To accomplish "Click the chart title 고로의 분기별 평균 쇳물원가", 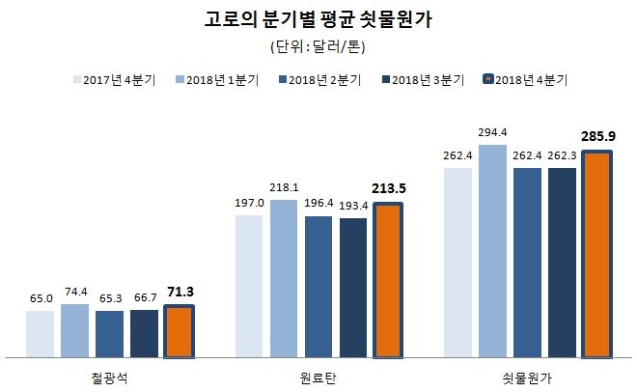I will (318, 20).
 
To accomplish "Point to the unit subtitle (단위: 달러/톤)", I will (318, 46).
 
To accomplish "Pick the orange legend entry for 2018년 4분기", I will (527, 80).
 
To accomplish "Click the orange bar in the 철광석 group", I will (179, 331).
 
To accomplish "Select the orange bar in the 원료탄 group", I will (388, 280).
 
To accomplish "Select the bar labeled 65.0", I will (40, 333).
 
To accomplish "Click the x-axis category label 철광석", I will (109, 375).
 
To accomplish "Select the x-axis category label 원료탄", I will (318, 375).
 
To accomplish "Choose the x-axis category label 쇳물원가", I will (527, 375).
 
